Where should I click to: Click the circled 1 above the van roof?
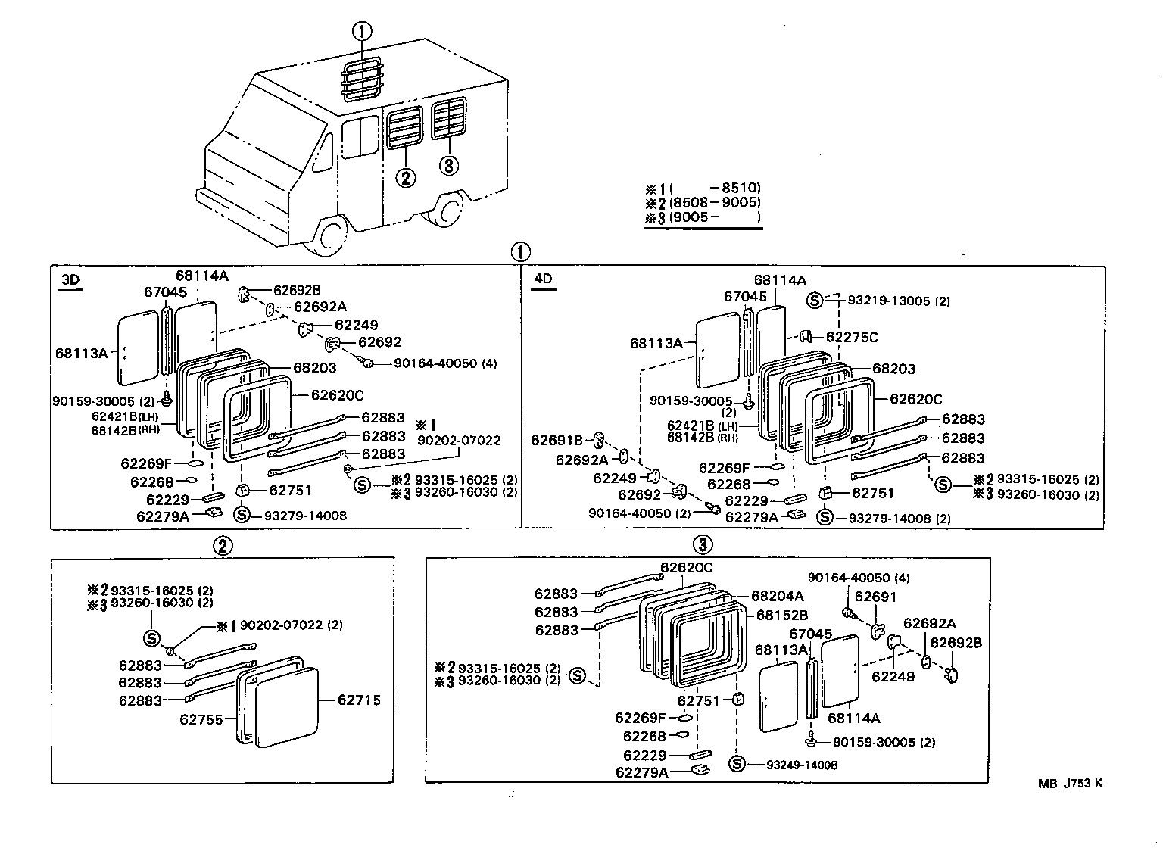coord(363,32)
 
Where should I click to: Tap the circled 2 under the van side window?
coord(406,178)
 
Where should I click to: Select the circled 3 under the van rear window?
coord(449,165)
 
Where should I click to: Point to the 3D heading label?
coord(70,279)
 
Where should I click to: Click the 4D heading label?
coord(543,279)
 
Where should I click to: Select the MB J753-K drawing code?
coord(1070,784)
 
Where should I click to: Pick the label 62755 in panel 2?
coord(201,719)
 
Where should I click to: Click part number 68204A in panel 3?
coord(779,596)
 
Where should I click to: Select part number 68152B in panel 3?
coord(782,615)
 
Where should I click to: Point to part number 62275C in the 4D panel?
coord(852,337)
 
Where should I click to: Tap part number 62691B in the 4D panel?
coord(557,440)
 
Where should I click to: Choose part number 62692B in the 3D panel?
coord(297,290)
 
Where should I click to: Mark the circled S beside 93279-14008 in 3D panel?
coord(242,515)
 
